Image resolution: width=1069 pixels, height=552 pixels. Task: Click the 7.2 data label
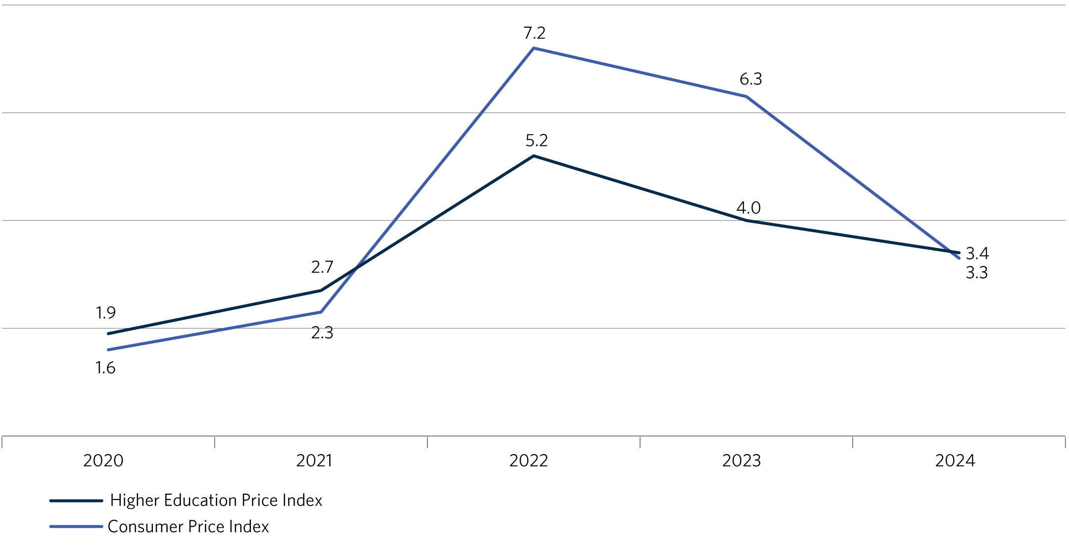[x=534, y=33]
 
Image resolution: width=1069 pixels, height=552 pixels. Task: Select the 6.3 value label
[x=750, y=79]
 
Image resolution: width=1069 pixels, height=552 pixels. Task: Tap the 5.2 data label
[x=536, y=141]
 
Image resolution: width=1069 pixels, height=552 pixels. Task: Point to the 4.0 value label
[x=748, y=208]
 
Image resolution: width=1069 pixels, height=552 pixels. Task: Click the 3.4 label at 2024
[x=977, y=254]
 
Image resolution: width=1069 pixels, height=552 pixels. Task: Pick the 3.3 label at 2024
[x=976, y=273]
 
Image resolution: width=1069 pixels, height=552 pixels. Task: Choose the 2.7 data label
[x=322, y=268]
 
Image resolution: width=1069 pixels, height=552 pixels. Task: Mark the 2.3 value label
[x=322, y=333]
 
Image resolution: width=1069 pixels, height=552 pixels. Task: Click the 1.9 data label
[x=105, y=313]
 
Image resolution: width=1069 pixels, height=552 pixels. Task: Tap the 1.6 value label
[x=105, y=368]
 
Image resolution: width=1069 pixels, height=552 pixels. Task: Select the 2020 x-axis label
[x=103, y=461]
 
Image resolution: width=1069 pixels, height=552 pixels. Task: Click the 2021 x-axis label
[x=315, y=461]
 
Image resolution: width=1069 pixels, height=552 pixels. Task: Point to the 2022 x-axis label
[x=529, y=461]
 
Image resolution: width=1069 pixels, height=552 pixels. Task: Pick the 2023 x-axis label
[x=741, y=461]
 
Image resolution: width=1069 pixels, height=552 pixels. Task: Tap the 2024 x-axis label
[x=955, y=461]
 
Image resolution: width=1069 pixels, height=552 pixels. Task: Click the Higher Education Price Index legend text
[x=216, y=501]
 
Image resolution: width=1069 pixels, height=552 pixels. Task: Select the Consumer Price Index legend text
[x=188, y=527]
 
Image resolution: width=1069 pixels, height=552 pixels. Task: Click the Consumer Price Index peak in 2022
[x=534, y=48]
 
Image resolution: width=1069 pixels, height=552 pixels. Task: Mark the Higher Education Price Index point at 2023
[x=746, y=221]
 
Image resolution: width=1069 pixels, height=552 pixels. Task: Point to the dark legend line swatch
[x=76, y=501]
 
